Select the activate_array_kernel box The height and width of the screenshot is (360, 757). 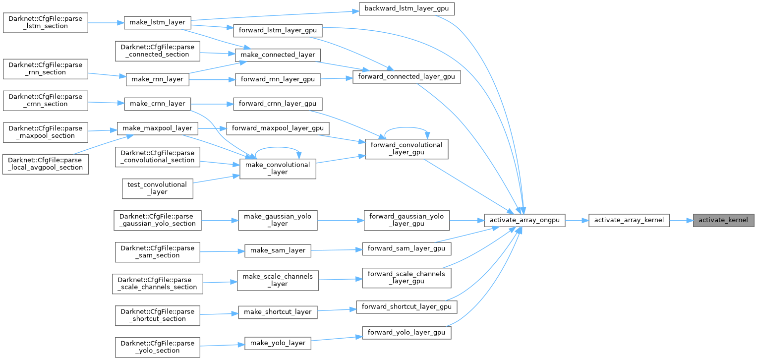629,220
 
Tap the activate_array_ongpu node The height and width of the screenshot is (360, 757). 524,220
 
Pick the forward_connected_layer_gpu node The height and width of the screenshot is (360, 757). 407,77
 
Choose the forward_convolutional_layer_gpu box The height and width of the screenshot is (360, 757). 406,149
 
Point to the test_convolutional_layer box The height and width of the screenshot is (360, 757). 157,188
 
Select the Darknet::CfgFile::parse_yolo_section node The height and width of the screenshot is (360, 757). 157,347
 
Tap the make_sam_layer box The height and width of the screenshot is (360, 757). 278,251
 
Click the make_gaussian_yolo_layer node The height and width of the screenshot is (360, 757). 277,220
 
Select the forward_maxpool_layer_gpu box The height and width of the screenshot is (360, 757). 278,128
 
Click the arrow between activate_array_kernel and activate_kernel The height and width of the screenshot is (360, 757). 681,220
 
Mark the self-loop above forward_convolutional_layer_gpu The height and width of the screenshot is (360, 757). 406,127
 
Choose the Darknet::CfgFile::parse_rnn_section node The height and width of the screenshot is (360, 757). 45,68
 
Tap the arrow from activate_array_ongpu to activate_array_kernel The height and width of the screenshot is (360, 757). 577,220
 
